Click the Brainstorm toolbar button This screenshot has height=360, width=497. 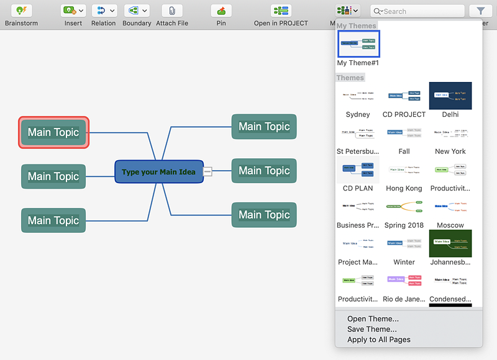click(21, 11)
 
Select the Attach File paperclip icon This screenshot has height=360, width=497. click(171, 11)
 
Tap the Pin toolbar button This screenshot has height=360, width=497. click(221, 11)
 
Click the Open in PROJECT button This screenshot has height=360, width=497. click(281, 11)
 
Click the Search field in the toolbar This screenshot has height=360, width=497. click(417, 11)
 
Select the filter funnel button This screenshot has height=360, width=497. click(480, 11)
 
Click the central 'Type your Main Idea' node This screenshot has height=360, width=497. click(158, 172)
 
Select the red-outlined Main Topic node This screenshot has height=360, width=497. click(53, 132)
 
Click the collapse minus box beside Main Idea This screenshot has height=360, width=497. click(207, 171)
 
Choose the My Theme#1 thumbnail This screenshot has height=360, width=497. click(358, 43)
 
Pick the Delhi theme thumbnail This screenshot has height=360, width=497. click(450, 96)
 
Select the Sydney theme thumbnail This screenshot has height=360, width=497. click(358, 96)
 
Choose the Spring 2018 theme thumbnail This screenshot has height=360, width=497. click(404, 206)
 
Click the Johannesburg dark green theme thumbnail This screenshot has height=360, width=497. click(450, 243)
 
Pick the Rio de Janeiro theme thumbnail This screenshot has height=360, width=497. click(404, 280)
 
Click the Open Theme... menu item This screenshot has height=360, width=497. click(373, 319)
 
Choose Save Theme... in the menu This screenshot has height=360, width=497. click(372, 329)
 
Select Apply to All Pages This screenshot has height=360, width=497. click(378, 340)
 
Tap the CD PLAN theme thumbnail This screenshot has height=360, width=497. click(358, 169)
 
